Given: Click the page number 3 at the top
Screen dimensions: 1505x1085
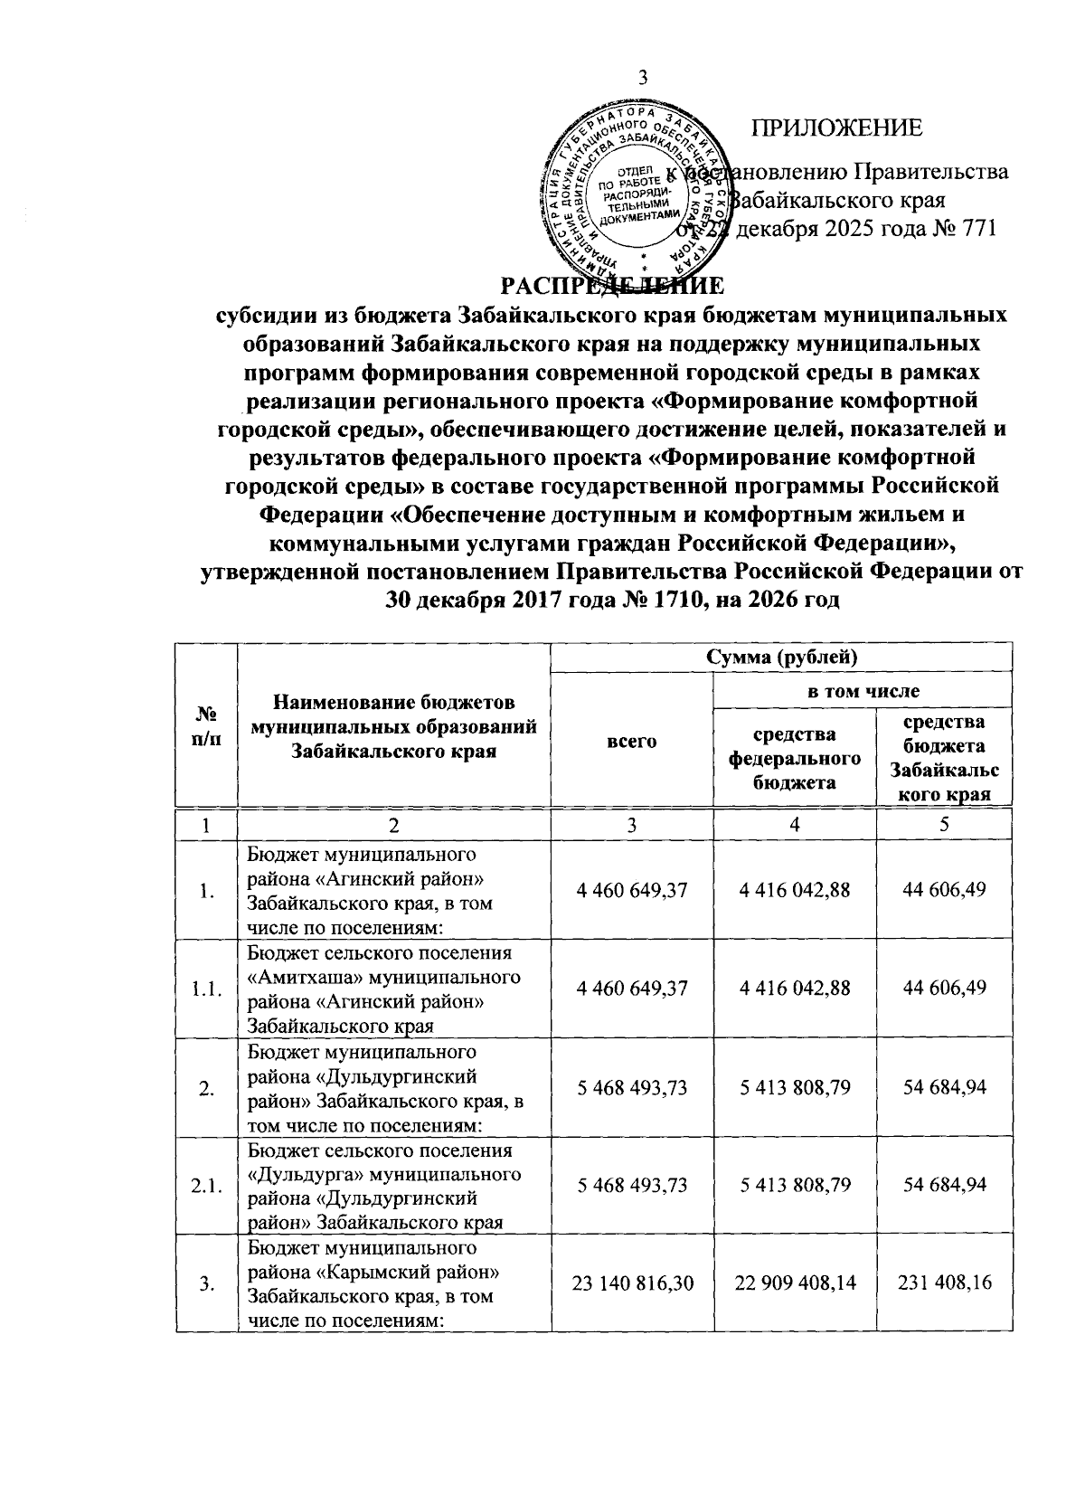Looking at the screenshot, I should pyautogui.click(x=643, y=78).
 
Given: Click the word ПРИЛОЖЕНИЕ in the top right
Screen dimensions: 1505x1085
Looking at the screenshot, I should pyautogui.click(x=837, y=128).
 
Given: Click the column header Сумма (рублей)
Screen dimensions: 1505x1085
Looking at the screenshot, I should pyautogui.click(x=781, y=656).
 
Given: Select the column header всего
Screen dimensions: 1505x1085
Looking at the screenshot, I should pyautogui.click(x=631, y=740).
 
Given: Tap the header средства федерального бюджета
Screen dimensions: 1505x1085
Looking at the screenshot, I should pyautogui.click(x=794, y=757).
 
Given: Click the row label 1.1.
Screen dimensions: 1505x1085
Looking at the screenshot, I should pyautogui.click(x=208, y=989).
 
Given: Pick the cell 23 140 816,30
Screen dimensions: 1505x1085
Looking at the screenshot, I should pyautogui.click(x=631, y=1283).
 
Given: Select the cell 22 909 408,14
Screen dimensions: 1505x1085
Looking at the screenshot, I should pyautogui.click(x=794, y=1283).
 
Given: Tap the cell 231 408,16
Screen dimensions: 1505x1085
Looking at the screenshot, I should pyautogui.click(x=944, y=1283).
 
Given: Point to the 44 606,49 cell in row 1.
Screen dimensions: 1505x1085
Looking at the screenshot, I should pyautogui.click(x=944, y=890).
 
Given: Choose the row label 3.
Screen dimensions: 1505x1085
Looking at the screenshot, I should pyautogui.click(x=208, y=1283).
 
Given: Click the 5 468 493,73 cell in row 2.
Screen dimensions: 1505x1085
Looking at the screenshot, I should pyautogui.click(x=631, y=1086).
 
